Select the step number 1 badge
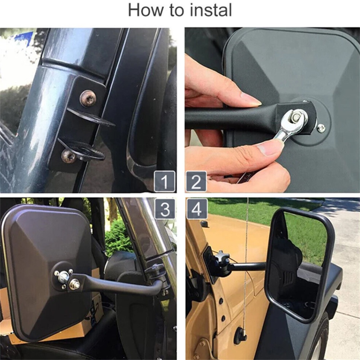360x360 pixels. (165, 181)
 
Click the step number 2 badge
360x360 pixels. (196, 181)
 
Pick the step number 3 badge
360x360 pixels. (165, 209)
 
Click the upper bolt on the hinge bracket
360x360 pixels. (88, 99)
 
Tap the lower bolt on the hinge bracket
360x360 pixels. (68, 156)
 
